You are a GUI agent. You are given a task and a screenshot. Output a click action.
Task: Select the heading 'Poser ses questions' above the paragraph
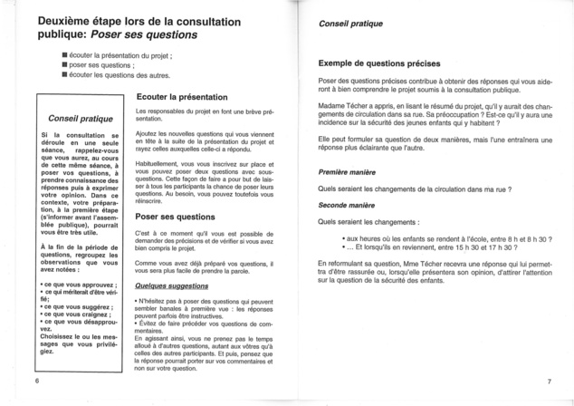point(175,217)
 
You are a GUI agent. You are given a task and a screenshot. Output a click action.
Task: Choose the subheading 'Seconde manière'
point(348,204)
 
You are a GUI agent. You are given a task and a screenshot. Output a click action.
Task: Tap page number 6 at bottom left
point(38,382)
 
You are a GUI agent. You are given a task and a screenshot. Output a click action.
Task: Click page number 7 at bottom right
point(549,382)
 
